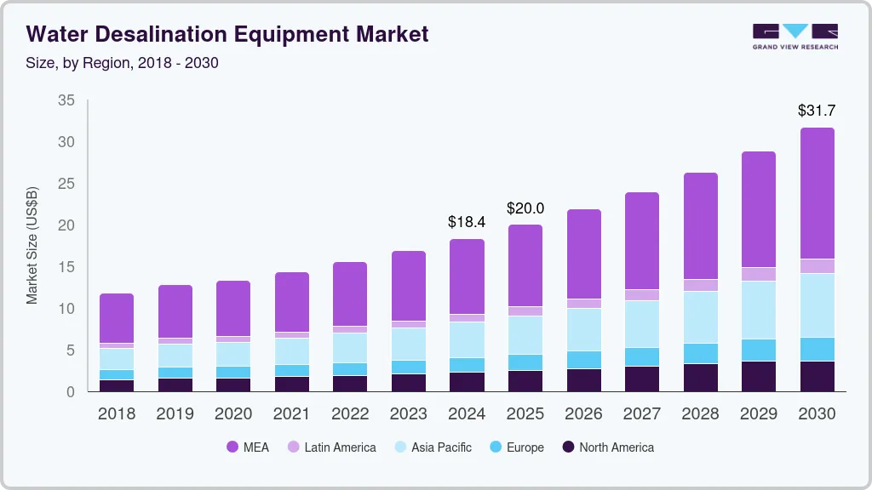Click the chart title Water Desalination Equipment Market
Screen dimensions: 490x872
point(227,34)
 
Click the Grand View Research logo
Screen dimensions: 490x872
point(795,36)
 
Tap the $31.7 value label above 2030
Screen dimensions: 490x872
point(817,111)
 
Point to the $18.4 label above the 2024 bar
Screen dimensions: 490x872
point(467,222)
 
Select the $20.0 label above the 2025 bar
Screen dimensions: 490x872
point(525,208)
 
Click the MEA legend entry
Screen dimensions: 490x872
point(248,447)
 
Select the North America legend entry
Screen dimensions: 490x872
point(606,447)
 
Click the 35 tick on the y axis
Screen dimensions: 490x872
point(66,100)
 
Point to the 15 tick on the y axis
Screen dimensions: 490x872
point(66,267)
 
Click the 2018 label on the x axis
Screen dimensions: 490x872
point(116,414)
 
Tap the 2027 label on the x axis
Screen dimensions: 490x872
point(641,414)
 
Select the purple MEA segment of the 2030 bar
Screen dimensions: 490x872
point(817,193)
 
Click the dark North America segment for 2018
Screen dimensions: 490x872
point(116,385)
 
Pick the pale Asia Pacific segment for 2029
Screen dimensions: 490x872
point(758,310)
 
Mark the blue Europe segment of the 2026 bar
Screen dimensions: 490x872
point(583,360)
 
